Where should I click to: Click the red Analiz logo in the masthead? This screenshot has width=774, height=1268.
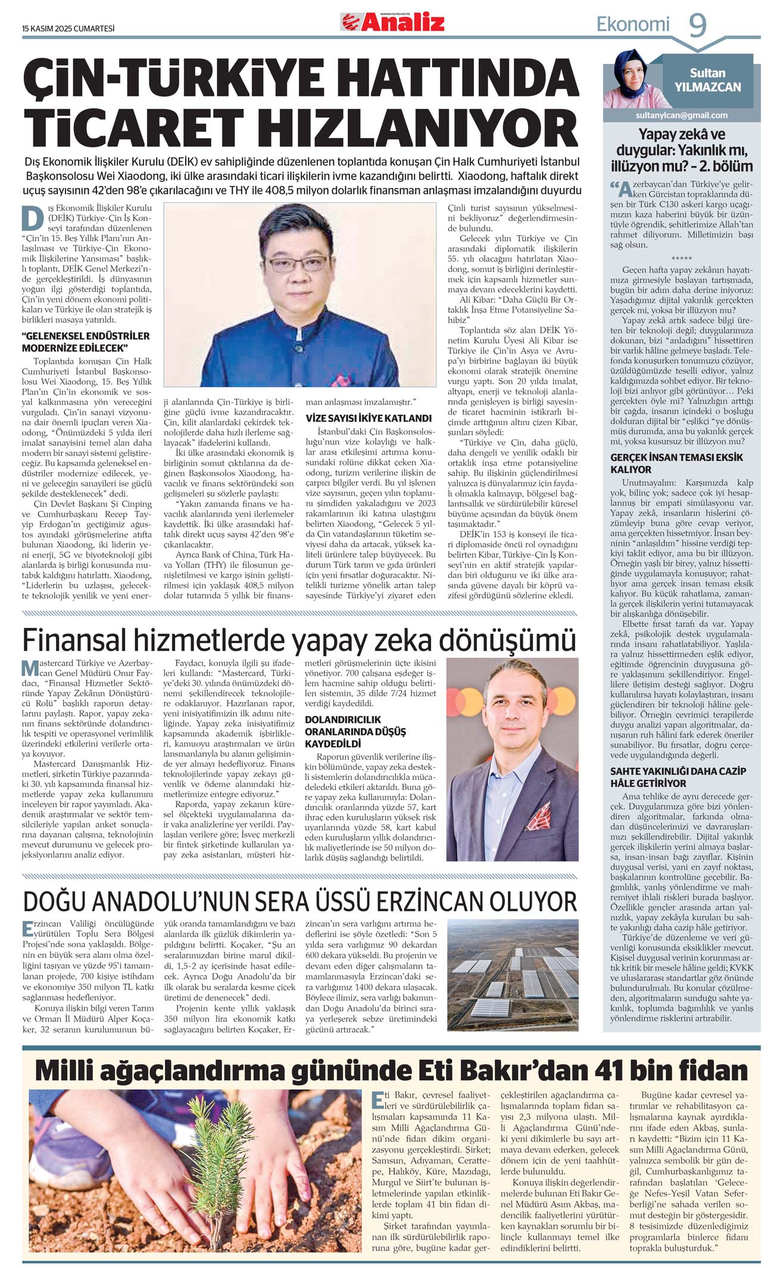pos(393,23)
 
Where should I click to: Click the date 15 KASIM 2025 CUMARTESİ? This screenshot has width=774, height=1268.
pos(68,29)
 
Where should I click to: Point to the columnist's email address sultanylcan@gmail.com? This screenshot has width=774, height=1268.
pos(681,115)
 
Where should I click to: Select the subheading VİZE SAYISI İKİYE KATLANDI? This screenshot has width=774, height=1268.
pos(369,418)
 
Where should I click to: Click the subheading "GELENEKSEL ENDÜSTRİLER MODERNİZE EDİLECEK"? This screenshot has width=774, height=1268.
pos(85,342)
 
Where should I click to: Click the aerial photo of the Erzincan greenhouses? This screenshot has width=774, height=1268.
pos(513,976)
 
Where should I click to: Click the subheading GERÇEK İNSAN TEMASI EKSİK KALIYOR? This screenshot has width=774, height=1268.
pos(677,463)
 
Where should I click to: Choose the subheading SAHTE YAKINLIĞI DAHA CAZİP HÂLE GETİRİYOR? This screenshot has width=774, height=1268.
pos(678,777)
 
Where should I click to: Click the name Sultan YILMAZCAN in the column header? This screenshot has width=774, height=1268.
pos(707,80)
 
